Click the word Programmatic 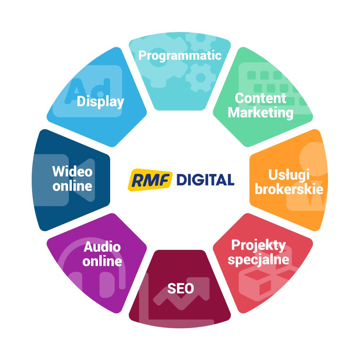[180, 56]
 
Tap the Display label [100, 102]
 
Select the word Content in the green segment [260, 98]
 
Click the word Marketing [260, 113]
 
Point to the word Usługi [289, 175]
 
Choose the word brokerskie [289, 189]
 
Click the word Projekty [258, 246]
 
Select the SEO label [180, 288]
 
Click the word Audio [102, 247]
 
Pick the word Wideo [72, 171]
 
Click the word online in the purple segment [102, 261]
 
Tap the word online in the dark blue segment [72, 186]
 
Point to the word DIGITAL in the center [205, 180]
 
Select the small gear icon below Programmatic [201, 77]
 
